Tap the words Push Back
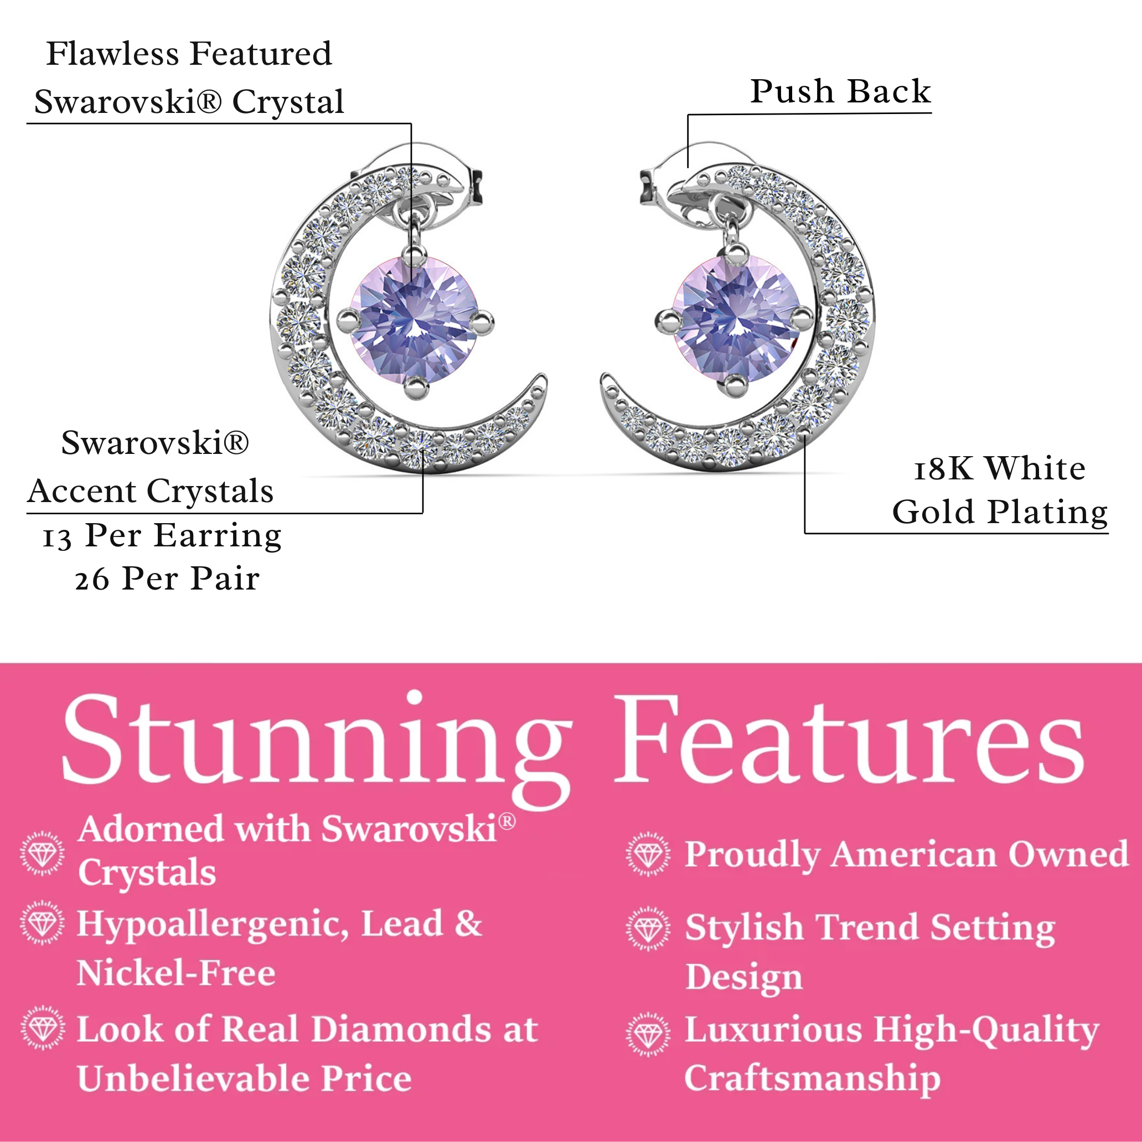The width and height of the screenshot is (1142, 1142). coord(840,92)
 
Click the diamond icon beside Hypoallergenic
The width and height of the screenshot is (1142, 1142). coord(42,923)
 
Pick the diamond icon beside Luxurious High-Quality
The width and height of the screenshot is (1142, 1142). coord(648,1035)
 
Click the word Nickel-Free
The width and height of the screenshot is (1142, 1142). coord(176,973)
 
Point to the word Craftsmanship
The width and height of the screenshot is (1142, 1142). coord(812,1078)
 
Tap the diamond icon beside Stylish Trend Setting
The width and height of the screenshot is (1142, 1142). coord(648,929)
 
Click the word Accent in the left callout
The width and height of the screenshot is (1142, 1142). coord(82,491)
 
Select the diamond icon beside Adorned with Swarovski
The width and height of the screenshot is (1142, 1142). coord(42,853)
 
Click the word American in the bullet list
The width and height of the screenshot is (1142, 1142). coord(913,854)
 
